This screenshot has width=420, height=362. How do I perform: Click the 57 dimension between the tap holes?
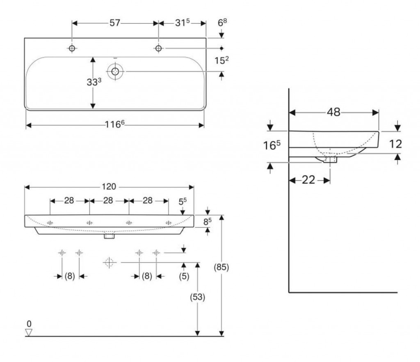click(114, 23)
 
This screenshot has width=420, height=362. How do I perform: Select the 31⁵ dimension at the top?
click(182, 23)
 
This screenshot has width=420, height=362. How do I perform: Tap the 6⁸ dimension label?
click(222, 23)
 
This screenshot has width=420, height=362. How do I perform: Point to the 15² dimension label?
click(222, 60)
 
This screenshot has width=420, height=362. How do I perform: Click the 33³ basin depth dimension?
click(94, 82)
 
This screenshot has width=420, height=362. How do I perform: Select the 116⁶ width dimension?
click(115, 124)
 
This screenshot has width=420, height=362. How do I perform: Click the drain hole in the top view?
click(115, 72)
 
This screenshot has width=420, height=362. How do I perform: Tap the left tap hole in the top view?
click(72, 48)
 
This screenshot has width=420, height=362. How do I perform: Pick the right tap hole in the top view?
click(158, 48)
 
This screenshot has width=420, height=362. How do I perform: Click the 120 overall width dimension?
click(110, 187)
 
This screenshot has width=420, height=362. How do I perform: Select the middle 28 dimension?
click(109, 201)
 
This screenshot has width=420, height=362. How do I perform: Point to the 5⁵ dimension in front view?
click(183, 202)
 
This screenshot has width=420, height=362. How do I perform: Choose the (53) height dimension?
click(198, 296)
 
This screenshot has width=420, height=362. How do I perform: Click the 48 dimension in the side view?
click(334, 112)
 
